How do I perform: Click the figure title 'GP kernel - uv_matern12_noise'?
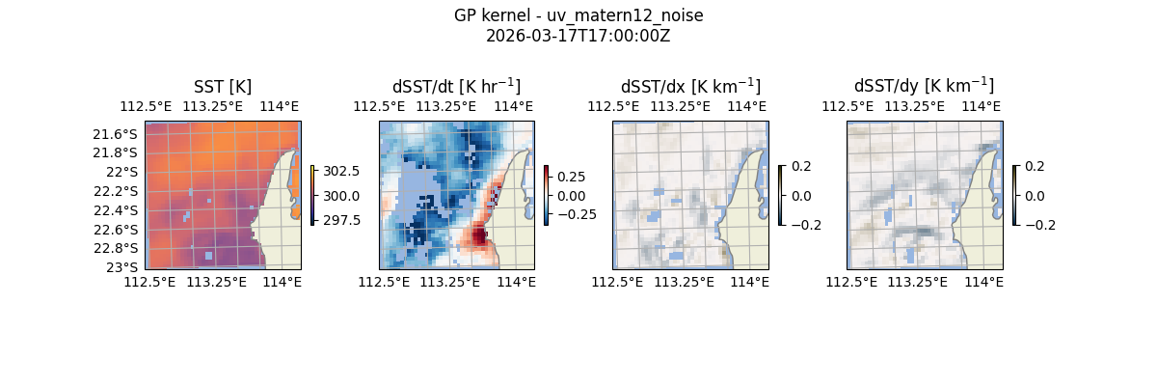coord(578,15)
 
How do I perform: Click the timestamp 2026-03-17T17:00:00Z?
coord(578,36)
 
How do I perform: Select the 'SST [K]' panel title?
coord(223,87)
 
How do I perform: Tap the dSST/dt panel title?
coord(456,87)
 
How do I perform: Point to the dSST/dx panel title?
coord(690,87)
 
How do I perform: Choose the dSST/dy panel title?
coord(924,87)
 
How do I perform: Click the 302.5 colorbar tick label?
coord(342,171)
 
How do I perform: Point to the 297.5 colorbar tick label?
coord(342,220)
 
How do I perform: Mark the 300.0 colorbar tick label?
coord(342,196)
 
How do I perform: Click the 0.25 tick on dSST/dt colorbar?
coord(571,177)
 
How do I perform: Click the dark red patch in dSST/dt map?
coord(479,234)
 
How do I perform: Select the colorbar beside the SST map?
coord(312,195)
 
